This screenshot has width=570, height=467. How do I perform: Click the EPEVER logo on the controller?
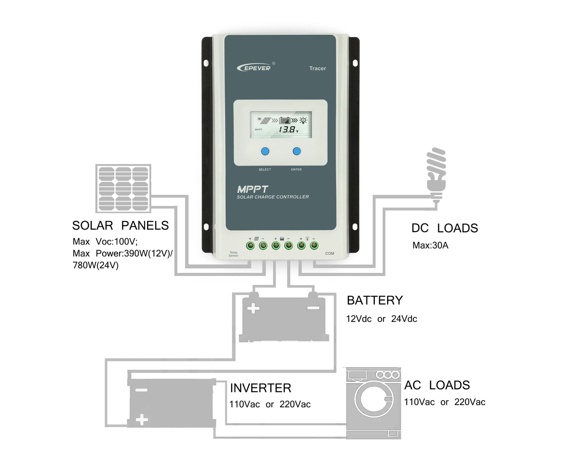[x=254, y=68]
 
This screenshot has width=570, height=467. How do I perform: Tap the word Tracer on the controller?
[x=317, y=68]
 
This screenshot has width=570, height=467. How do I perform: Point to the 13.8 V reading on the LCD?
[x=288, y=130]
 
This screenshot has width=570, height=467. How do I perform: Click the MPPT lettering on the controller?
[x=252, y=189]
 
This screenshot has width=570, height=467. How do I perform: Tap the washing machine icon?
[x=374, y=403]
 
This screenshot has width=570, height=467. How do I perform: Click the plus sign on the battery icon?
[x=253, y=308]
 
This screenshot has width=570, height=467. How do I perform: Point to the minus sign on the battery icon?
[x=313, y=308]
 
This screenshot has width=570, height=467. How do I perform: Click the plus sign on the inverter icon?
[x=142, y=420]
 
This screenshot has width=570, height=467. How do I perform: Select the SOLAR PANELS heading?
[x=120, y=226]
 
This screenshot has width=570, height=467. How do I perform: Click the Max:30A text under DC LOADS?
[x=430, y=245]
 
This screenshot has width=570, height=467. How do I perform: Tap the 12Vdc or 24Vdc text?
[x=381, y=319]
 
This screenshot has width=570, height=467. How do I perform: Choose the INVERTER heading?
[x=260, y=388]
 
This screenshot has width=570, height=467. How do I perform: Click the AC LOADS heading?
[x=437, y=385]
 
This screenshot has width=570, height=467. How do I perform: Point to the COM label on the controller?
[x=329, y=253]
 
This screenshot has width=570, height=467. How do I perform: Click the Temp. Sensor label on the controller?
[x=234, y=254]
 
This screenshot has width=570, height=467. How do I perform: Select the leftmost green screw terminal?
[x=250, y=246]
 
